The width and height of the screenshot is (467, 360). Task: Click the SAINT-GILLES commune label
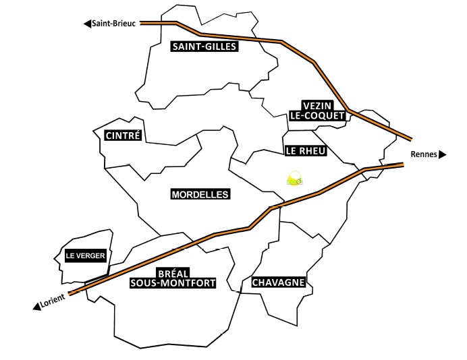click(x=203, y=47)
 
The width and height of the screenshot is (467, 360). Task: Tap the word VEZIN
click(x=319, y=106)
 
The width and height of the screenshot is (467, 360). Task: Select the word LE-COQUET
click(x=317, y=115)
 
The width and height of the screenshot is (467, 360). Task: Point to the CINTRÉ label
click(x=123, y=136)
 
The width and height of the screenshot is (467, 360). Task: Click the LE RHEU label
click(x=305, y=151)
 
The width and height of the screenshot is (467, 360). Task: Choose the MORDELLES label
click(x=200, y=194)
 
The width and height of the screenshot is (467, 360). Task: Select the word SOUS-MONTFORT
click(x=173, y=284)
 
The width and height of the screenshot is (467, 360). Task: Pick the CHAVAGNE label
click(x=279, y=282)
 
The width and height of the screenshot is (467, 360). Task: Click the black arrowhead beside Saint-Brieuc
click(x=87, y=24)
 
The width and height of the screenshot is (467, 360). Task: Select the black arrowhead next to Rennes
click(x=443, y=154)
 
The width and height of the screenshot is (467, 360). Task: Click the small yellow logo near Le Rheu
click(x=295, y=179)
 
